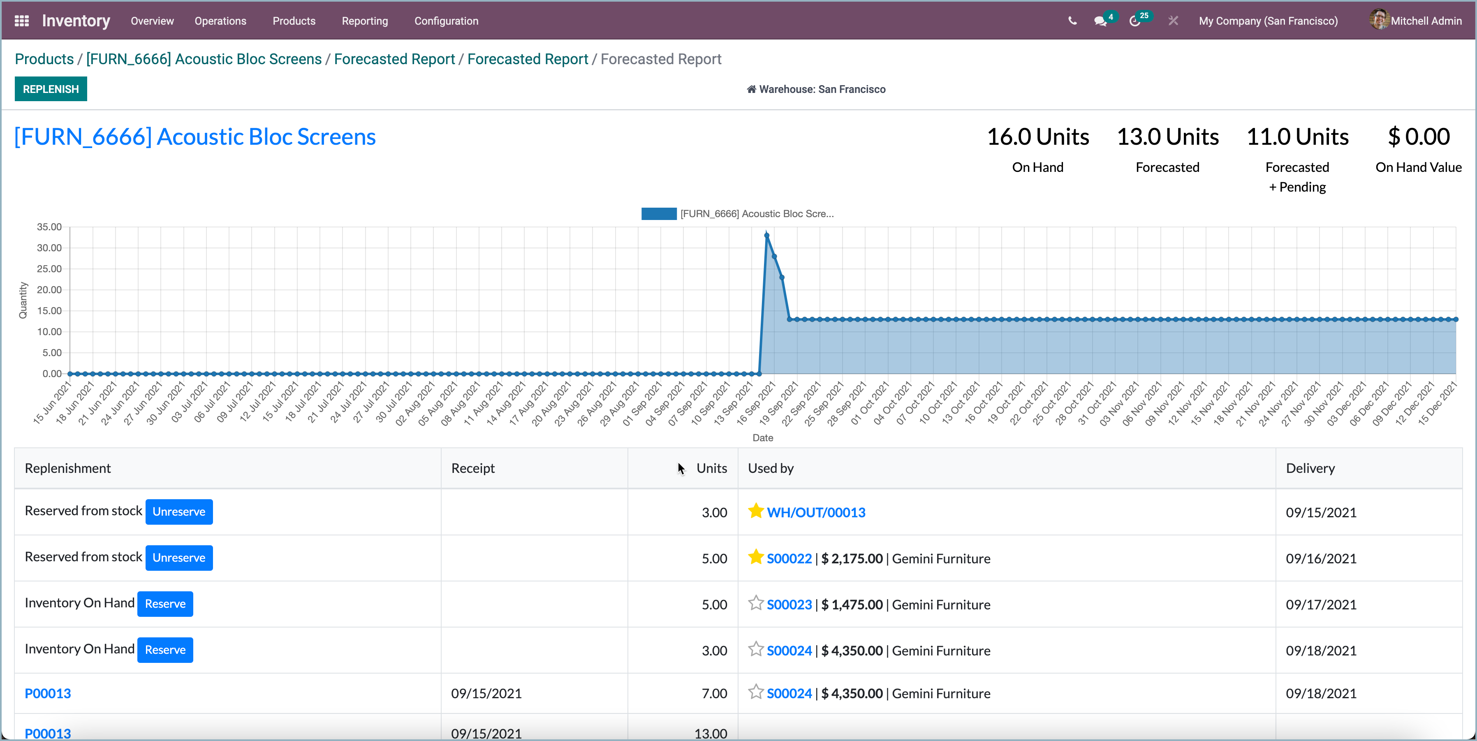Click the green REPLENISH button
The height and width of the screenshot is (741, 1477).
[x=51, y=89]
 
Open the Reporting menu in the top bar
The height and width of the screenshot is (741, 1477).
[x=365, y=21]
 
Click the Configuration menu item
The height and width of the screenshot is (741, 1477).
[x=446, y=21]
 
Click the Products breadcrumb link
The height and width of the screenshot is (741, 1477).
[x=44, y=59]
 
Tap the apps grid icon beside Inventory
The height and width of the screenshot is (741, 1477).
[x=21, y=21]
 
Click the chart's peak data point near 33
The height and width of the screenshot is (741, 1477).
[x=766, y=236]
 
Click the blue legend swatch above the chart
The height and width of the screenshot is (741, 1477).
[x=658, y=214]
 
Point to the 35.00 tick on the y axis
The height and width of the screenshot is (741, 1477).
[x=49, y=227]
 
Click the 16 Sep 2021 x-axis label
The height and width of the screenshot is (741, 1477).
[x=756, y=404]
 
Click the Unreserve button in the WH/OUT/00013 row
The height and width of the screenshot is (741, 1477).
[x=179, y=512]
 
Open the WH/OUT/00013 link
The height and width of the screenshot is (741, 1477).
[x=816, y=512]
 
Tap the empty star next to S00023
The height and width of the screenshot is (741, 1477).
[x=756, y=603]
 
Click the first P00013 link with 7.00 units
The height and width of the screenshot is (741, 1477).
[x=48, y=693]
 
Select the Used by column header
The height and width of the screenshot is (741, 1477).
[x=771, y=468]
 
